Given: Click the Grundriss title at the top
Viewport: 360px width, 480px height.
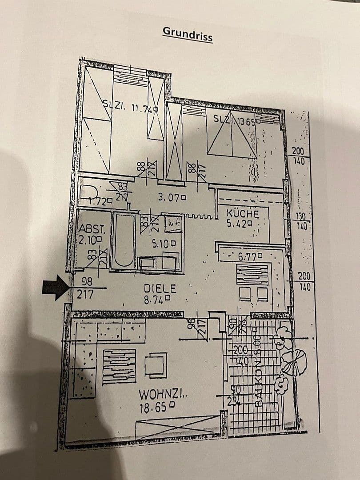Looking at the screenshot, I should click(x=188, y=34).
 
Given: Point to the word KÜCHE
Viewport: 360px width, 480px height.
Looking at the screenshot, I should click(x=242, y=214).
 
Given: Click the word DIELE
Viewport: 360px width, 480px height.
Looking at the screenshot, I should click(x=160, y=288).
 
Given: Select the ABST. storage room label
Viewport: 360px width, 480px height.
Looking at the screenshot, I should click(x=92, y=229).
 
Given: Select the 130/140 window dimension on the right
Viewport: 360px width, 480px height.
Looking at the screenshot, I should click(x=300, y=220).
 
